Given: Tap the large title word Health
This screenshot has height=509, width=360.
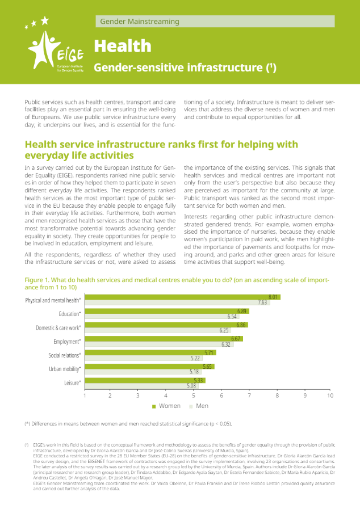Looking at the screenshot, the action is coord(123,46).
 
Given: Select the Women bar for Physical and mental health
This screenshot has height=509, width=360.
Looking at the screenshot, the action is coord(183,297).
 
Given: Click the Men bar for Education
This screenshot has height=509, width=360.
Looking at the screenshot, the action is coord(162,317).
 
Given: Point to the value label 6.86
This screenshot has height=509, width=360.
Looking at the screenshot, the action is coord(241,325).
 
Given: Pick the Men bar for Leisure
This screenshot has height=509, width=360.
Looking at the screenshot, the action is coord(141,386).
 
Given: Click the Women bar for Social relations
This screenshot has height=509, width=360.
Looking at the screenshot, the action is coord(150,352).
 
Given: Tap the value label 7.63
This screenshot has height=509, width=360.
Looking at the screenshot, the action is coord(262,302).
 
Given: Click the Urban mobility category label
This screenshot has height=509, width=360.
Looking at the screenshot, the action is coord(65,369).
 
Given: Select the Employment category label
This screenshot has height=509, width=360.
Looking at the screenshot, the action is coord(67,342).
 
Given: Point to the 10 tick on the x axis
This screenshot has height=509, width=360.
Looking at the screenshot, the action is coord(330,396).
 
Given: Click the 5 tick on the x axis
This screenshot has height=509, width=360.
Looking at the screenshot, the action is coord(194,396).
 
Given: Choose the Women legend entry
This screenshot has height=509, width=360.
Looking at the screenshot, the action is coord(166,406).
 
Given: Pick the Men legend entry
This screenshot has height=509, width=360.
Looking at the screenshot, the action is coord(199,406).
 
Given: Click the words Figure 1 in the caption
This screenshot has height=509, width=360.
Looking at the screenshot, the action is coord(37,280).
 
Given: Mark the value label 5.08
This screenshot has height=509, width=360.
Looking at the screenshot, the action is coord(191,386).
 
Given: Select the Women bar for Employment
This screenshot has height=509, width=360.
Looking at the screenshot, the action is coord(164,339).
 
